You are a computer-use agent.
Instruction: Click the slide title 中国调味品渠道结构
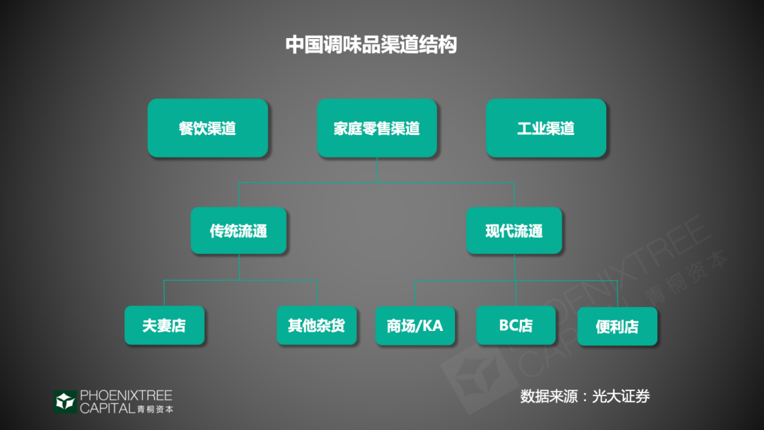[371, 45]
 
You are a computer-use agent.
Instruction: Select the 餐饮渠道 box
[207, 128]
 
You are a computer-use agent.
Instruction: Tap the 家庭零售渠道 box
[376, 128]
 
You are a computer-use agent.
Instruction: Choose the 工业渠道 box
[545, 128]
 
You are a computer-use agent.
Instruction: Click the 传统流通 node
[238, 231]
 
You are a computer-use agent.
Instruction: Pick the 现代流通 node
[514, 231]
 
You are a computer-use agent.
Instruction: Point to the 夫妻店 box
[164, 325]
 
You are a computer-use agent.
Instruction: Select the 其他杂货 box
[317, 325]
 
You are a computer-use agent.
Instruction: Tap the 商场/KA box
[415, 326]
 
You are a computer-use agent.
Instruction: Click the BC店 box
[516, 325]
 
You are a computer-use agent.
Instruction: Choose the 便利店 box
[618, 326]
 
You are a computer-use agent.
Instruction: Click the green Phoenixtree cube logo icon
[65, 402]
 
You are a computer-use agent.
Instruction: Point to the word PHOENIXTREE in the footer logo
[126, 395]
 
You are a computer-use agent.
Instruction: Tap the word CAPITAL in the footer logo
[108, 408]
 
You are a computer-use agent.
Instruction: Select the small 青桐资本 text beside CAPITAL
[155, 409]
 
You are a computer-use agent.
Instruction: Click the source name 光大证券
[621, 396]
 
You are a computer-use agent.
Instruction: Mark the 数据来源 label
[549, 396]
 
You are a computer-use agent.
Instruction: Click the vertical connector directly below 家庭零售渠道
[377, 170]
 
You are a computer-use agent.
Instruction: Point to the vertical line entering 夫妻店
[164, 293]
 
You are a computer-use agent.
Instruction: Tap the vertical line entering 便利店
[618, 294]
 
